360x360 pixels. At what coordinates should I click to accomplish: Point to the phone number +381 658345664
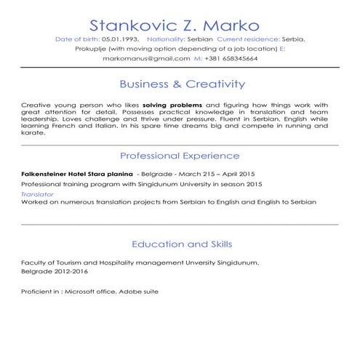click(x=231, y=58)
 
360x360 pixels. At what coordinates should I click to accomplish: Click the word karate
click(x=33, y=133)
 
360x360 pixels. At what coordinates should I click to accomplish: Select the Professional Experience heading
click(x=180, y=156)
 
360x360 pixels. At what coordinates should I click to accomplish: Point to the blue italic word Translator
click(x=37, y=195)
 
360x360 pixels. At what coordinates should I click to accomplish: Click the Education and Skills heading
click(x=180, y=244)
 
